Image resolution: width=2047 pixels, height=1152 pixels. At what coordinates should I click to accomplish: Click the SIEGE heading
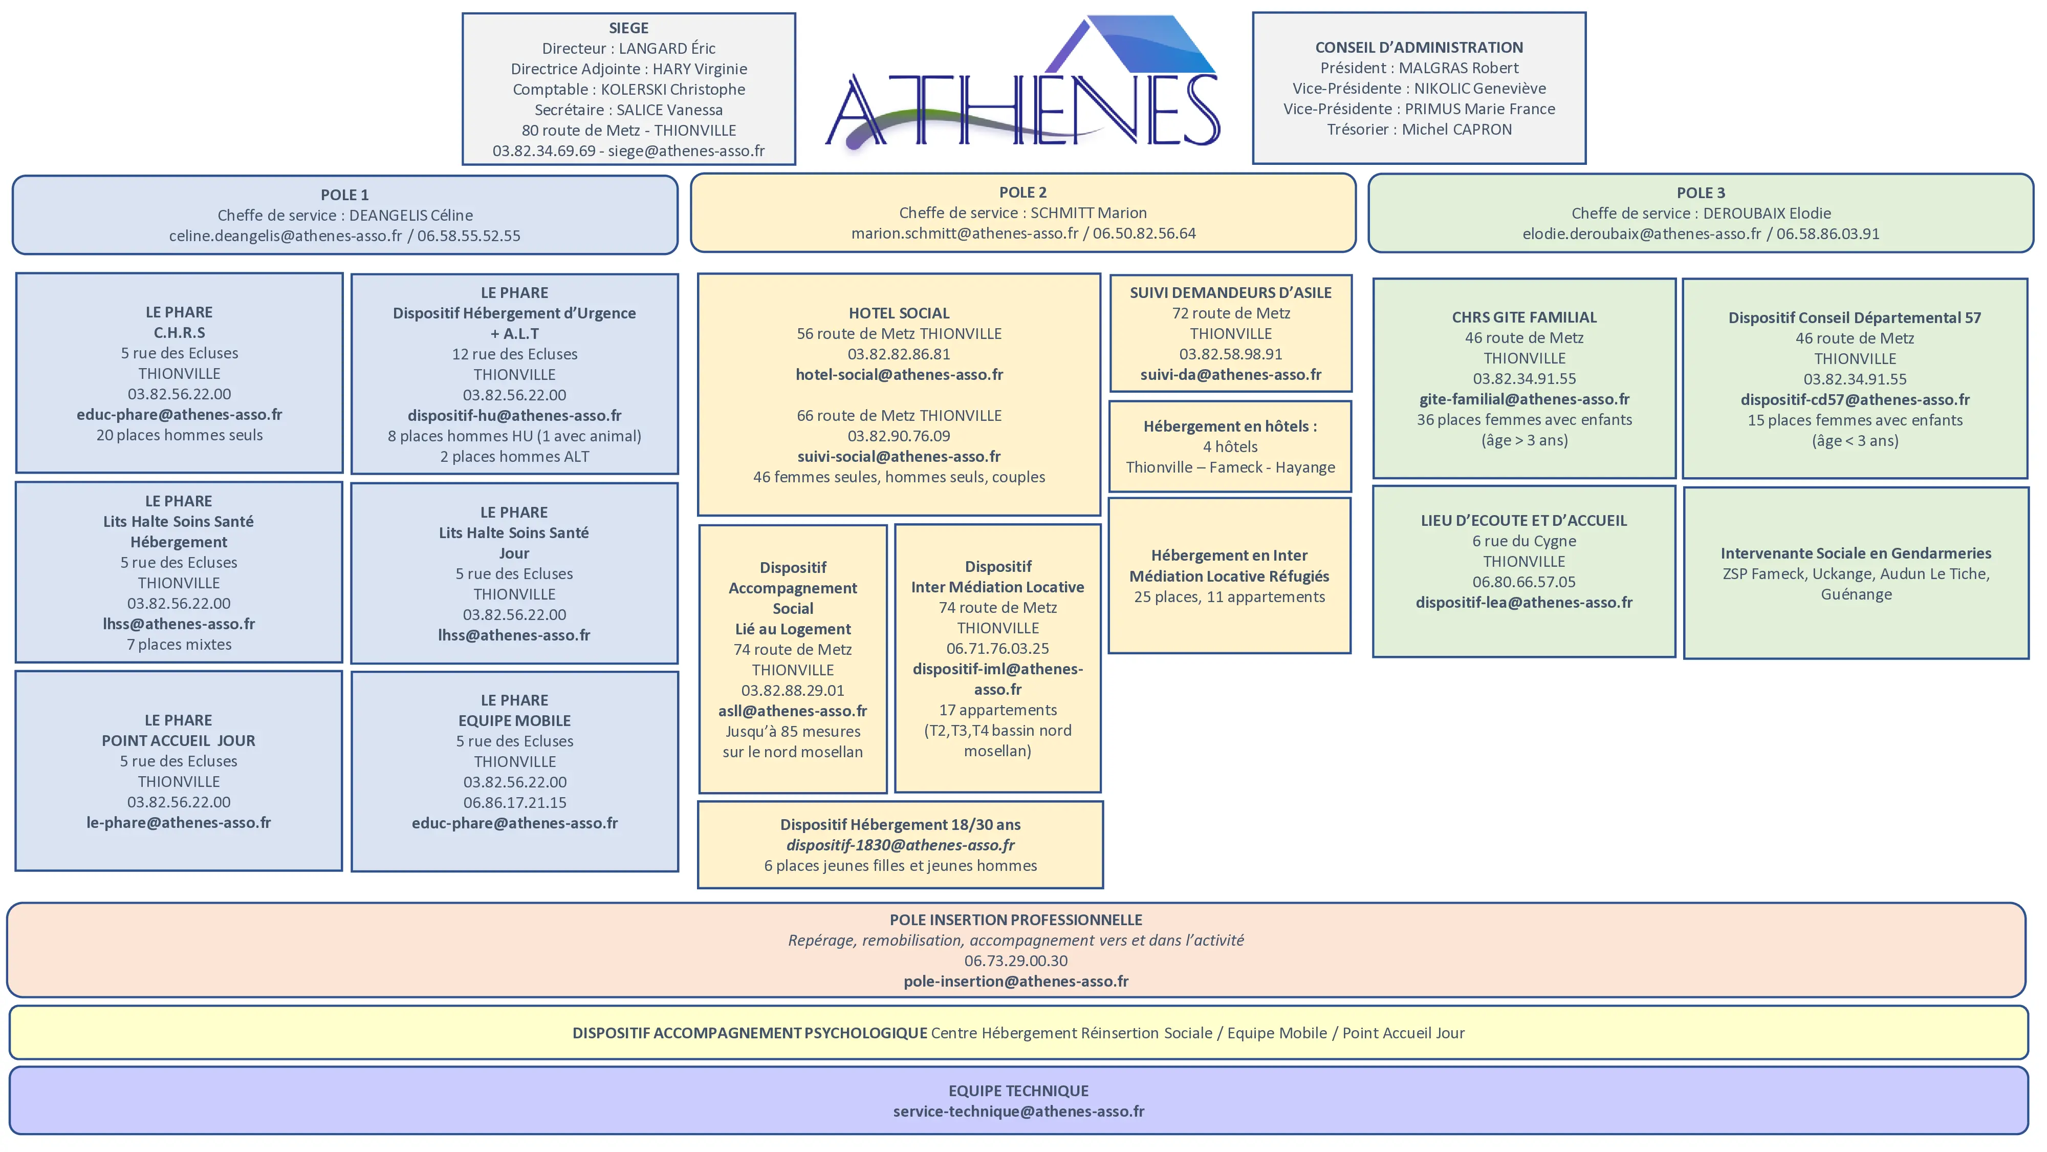click(x=628, y=28)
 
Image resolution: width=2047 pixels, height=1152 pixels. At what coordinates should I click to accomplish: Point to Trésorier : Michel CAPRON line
click(x=1419, y=130)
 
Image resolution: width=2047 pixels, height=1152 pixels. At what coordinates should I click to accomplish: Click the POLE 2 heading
click(x=1022, y=193)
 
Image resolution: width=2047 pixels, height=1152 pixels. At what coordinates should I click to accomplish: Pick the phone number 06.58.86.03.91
click(x=1827, y=234)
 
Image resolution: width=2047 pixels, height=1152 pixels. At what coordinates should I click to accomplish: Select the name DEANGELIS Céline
click(x=411, y=216)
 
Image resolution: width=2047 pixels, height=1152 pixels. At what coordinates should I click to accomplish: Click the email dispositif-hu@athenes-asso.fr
click(x=514, y=416)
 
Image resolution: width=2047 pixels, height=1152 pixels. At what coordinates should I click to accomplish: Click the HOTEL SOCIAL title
click(x=899, y=313)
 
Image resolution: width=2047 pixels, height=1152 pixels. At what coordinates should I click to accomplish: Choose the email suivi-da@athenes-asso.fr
click(x=1230, y=374)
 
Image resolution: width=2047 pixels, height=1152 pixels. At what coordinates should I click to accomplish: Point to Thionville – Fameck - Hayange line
click(x=1230, y=467)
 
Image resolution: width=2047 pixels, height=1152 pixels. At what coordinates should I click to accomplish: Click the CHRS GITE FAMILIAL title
click(x=1523, y=317)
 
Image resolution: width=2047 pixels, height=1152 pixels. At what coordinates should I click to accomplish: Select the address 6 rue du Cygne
click(x=1523, y=541)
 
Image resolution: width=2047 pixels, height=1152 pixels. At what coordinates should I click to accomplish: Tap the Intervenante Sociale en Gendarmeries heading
click(x=1856, y=553)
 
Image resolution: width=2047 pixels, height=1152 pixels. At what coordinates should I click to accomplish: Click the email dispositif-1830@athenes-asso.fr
click(x=900, y=845)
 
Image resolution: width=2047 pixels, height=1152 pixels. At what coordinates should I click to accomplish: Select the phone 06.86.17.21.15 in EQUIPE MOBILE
click(x=514, y=803)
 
